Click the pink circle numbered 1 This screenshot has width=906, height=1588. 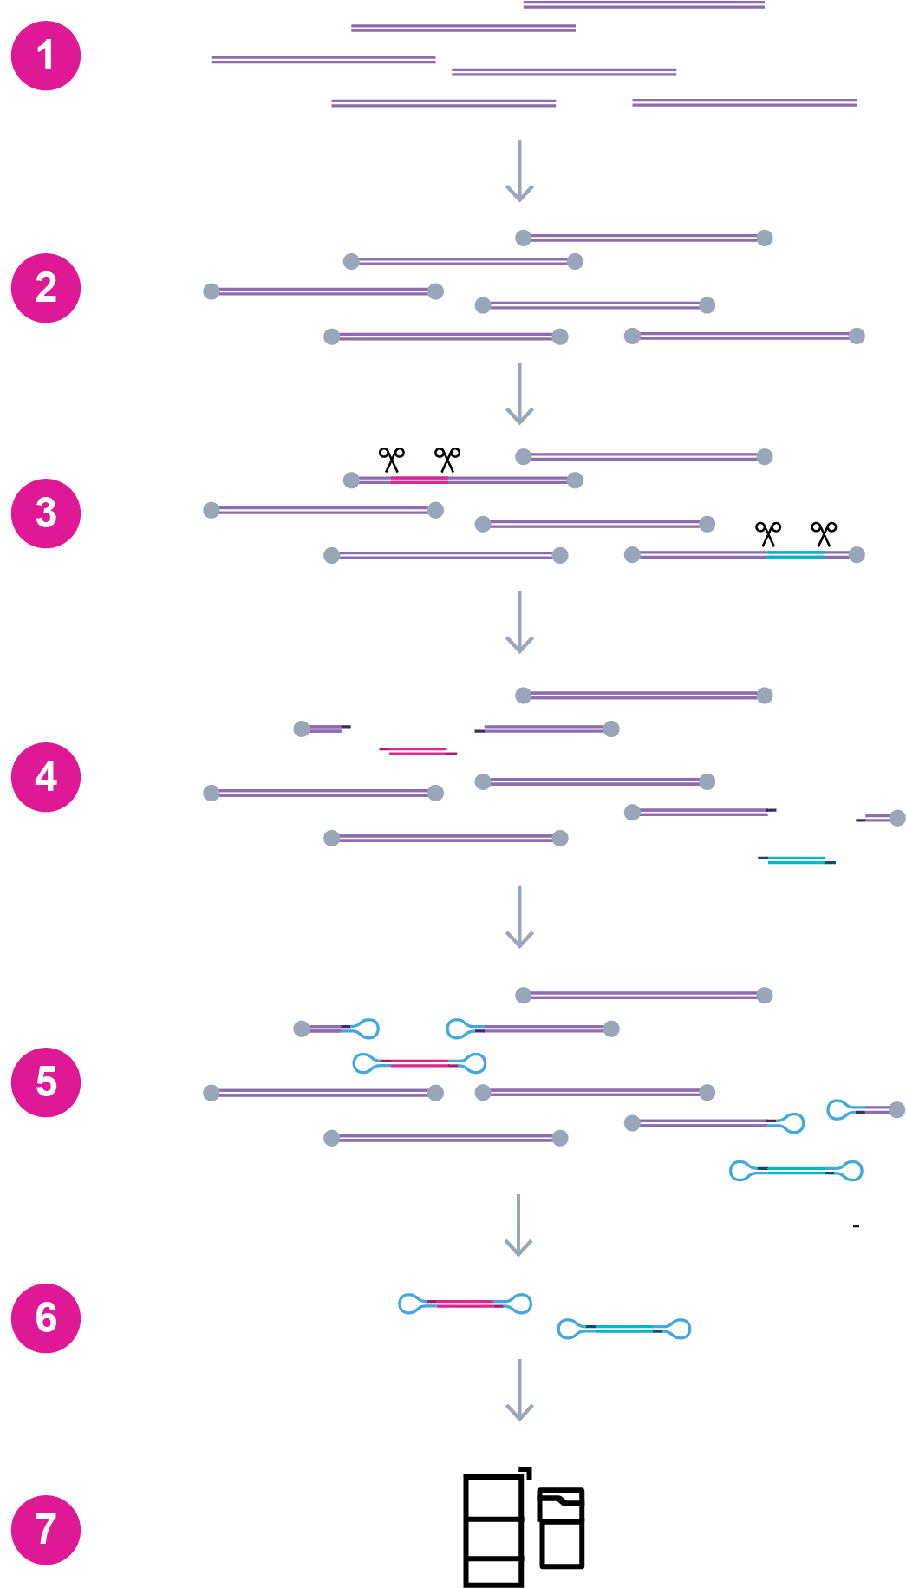pyautogui.click(x=46, y=56)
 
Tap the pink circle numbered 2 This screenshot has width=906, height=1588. pyautogui.click(x=46, y=288)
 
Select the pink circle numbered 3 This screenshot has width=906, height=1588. pyautogui.click(x=46, y=513)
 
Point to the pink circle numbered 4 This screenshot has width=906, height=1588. pyautogui.click(x=46, y=777)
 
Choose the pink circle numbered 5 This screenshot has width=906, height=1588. pyautogui.click(x=46, y=1082)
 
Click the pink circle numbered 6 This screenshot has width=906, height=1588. pyautogui.click(x=46, y=1318)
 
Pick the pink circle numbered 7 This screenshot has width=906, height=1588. pyautogui.click(x=46, y=1530)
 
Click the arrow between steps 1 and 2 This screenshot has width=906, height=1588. pyautogui.click(x=519, y=171)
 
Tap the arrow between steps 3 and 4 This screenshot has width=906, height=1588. pyautogui.click(x=519, y=622)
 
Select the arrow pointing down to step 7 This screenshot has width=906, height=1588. pyautogui.click(x=519, y=1390)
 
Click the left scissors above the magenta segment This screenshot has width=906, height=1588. pyautogui.click(x=392, y=460)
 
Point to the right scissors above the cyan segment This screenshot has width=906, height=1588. pyautogui.click(x=824, y=534)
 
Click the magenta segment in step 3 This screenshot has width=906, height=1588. pyautogui.click(x=420, y=479)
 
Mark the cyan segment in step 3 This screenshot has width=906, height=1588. pyautogui.click(x=796, y=553)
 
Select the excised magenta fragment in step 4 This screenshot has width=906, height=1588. pyautogui.click(x=418, y=751)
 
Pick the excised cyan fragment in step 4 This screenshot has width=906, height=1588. pyautogui.click(x=797, y=860)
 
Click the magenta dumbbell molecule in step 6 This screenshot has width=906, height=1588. pyautogui.click(x=465, y=1304)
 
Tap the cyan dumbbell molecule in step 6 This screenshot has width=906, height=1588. pyautogui.click(x=624, y=1329)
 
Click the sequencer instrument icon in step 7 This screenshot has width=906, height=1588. pyautogui.click(x=524, y=1527)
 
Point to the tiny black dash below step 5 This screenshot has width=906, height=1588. pyautogui.click(x=856, y=1226)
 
